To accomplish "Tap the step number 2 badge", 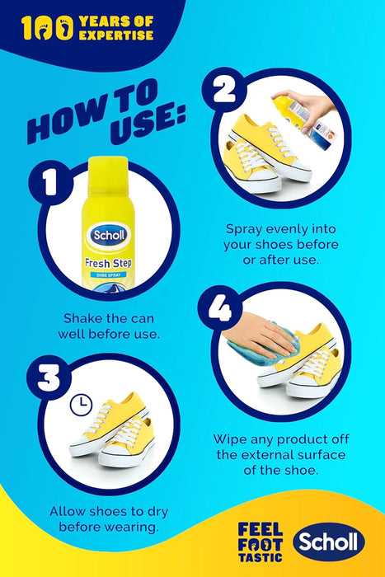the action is click(x=224, y=90).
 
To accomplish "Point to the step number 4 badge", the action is click(x=220, y=308).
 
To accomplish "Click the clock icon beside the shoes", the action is click(x=81, y=406).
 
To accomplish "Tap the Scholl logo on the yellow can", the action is click(x=109, y=235).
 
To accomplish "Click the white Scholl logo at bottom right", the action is click(x=329, y=542).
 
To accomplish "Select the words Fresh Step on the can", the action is click(x=108, y=263).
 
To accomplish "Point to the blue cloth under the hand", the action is click(x=261, y=347).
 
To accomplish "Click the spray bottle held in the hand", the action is click(x=303, y=121).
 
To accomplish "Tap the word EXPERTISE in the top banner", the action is click(x=116, y=35).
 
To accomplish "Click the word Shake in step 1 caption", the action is click(x=82, y=318).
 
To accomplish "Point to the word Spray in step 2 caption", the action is click(x=244, y=230).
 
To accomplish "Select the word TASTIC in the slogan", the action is click(x=261, y=557).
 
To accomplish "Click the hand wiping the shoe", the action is click(x=260, y=335).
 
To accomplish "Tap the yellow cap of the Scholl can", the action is click(x=108, y=175).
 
